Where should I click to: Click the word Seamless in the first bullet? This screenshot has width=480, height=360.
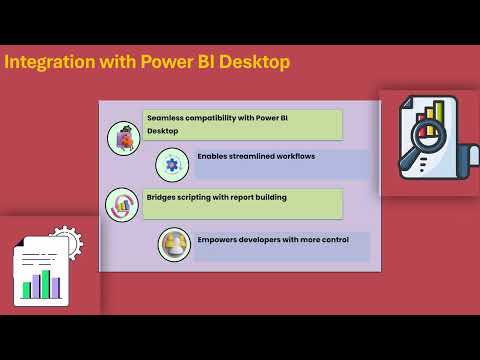164,118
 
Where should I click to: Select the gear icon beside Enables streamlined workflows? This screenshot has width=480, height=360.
172,162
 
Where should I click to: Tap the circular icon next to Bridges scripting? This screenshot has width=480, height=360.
122,204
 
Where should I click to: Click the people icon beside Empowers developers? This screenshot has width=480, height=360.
174,244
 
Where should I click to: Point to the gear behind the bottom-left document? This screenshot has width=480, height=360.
65,240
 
